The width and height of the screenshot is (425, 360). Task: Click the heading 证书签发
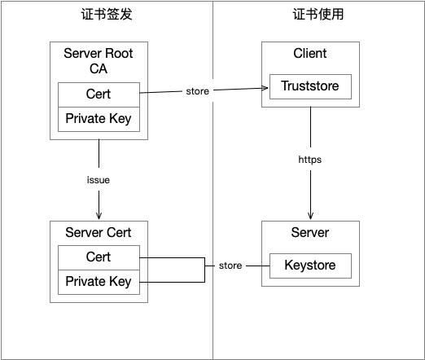coord(99,15)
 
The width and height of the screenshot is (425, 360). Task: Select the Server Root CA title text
coord(99,61)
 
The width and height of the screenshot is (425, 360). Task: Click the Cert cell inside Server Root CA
coord(99,94)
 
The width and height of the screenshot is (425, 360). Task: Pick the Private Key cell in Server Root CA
coord(99,119)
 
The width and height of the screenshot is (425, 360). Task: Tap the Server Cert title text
coord(99,233)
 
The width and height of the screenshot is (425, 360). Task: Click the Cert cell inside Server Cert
coord(99,257)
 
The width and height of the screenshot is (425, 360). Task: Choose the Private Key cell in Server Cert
coord(99,282)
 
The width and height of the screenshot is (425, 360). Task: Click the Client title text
coord(310,54)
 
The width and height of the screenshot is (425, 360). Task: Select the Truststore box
coord(310,86)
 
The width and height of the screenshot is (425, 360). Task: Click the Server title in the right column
coord(310,233)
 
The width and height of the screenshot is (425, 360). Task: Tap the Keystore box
coord(310,266)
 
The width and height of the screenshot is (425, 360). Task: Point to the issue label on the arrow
coord(99,180)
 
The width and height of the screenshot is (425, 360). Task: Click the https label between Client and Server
coord(310,160)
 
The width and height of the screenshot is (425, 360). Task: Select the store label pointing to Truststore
coord(198,91)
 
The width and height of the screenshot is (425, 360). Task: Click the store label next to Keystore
coord(230,266)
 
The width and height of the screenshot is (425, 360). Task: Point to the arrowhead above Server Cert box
coord(99,217)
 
